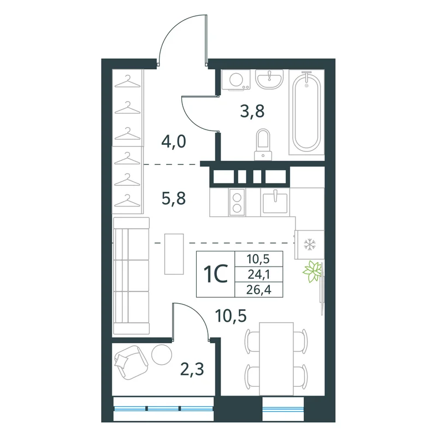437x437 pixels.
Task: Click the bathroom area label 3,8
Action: (252, 111)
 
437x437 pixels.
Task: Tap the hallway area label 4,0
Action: (174, 142)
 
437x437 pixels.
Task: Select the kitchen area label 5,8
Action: (174, 199)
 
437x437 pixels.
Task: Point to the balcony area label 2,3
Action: (192, 370)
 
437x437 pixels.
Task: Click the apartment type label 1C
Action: (216, 274)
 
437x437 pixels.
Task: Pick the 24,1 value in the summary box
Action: (259, 275)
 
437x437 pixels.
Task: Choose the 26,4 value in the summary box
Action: (259, 290)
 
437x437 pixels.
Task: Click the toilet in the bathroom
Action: (263, 145)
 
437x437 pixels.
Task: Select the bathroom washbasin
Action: (269, 79)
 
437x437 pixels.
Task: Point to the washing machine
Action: (237, 80)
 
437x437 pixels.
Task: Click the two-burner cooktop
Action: (237, 202)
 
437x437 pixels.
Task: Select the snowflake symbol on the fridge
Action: (309, 244)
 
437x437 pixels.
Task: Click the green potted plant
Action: (312, 271)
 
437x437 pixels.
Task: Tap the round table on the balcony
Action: (162, 354)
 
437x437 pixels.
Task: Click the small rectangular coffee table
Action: (174, 254)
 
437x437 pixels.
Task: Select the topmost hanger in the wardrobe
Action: (128, 81)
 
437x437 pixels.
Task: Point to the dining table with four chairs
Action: (276, 359)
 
